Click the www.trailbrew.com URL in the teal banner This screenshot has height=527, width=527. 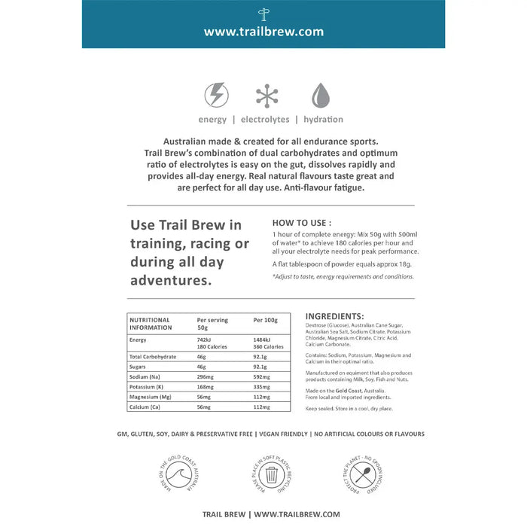[x=263, y=32]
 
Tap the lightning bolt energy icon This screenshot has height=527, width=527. [x=217, y=96]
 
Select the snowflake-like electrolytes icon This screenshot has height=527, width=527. [x=267, y=96]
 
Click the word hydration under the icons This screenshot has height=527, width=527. [x=323, y=119]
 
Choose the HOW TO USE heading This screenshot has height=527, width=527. [x=301, y=223]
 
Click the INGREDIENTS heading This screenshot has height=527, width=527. [x=335, y=316]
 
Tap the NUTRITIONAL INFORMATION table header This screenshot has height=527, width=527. [x=150, y=324]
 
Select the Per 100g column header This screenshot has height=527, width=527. [x=265, y=320]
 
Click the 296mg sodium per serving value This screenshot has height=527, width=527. [x=206, y=376]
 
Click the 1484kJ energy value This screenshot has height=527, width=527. [x=264, y=340]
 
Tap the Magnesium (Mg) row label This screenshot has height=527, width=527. [x=151, y=396]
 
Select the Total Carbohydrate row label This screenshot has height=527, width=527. [x=154, y=356]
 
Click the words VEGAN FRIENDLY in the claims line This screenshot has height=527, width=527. [x=290, y=434]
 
